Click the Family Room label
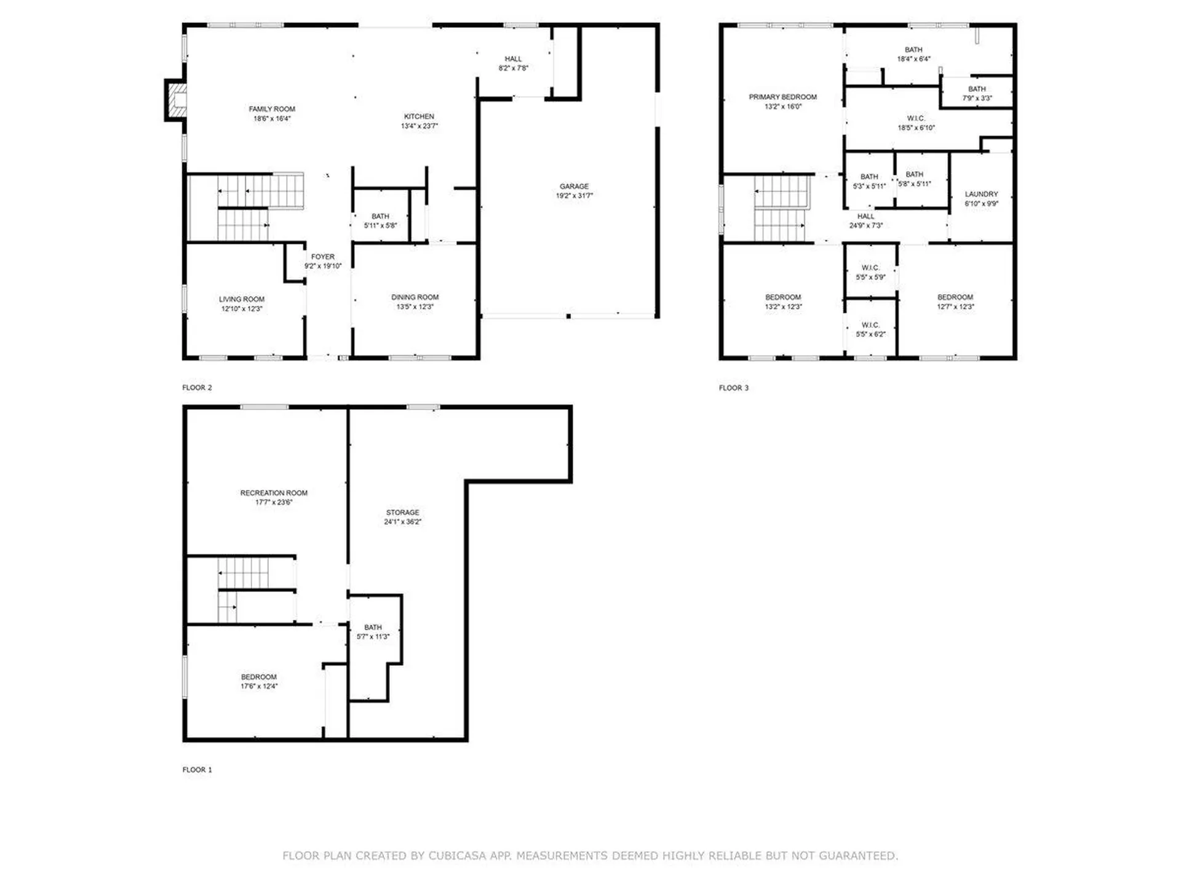click(272, 109)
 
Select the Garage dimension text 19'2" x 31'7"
click(574, 196)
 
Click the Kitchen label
click(419, 116)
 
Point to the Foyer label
click(322, 257)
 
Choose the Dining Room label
click(415, 297)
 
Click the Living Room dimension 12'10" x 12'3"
click(242, 309)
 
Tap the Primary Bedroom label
click(782, 97)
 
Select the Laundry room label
click(981, 194)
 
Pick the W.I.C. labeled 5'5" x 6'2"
click(870, 330)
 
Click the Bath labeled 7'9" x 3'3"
click(977, 94)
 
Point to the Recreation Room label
click(274, 493)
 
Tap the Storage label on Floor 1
click(402, 513)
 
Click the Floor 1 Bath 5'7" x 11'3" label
click(373, 632)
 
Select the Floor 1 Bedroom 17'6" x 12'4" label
click(258, 681)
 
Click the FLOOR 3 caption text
click(733, 388)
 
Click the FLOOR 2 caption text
click(197, 388)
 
